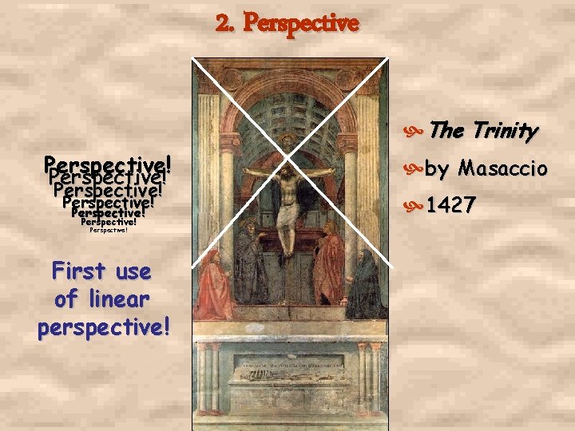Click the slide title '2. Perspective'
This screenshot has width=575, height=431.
[287, 23]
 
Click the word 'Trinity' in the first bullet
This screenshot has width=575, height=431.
[505, 130]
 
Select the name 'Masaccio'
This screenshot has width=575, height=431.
[502, 168]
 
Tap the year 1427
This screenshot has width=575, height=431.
[450, 206]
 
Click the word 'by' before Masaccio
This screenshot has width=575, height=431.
[437, 169]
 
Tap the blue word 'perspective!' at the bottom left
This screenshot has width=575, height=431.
[103, 328]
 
